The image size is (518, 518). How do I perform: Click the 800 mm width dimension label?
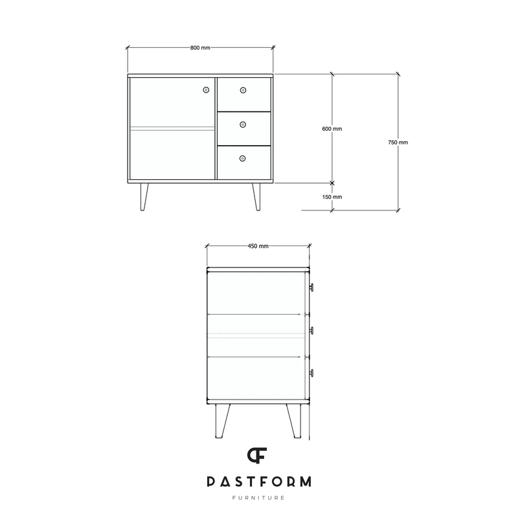[200, 47]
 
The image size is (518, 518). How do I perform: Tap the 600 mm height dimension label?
[332, 129]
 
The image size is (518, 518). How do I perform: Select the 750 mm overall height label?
[398, 142]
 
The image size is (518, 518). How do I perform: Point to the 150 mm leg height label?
[332, 197]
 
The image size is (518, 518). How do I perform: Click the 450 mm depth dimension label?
[258, 246]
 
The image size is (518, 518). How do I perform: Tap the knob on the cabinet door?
[206, 90]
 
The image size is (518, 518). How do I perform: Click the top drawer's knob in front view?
[243, 90]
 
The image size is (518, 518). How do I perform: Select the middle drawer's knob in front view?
[243, 124]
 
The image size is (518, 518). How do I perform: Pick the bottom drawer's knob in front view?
[242, 159]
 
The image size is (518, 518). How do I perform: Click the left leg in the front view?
[144, 197]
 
